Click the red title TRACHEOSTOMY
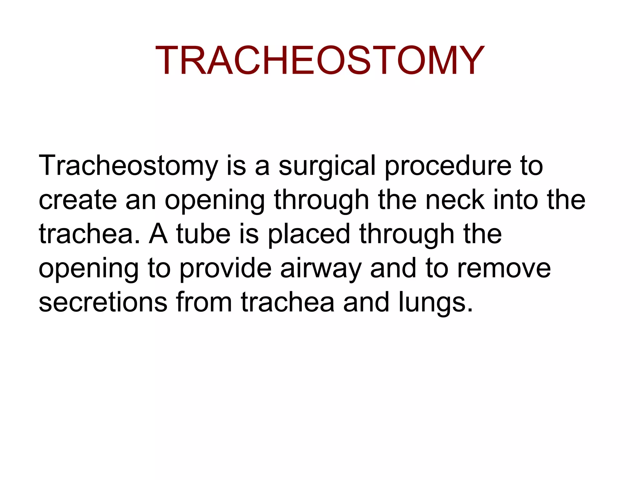pos(319,60)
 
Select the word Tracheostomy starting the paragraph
pos(128,166)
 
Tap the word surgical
pos(327,166)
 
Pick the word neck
pos(455,200)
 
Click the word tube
pos(203,234)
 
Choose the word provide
pos(225,268)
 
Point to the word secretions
pos(103,302)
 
